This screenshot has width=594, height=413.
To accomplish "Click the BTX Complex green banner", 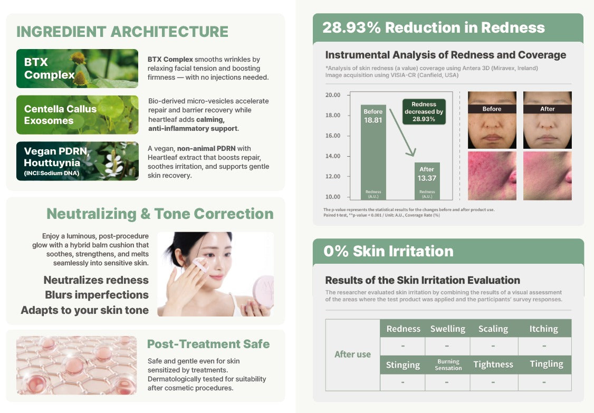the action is [x=77, y=69].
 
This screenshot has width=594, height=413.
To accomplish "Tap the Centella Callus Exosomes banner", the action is [x=77, y=115].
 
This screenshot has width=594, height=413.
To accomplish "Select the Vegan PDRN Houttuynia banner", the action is [x=77, y=161].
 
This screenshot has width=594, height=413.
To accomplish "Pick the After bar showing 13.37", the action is [x=427, y=181].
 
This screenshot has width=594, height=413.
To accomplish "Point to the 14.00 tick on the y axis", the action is [x=333, y=156].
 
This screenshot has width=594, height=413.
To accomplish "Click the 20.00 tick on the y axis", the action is [x=333, y=95].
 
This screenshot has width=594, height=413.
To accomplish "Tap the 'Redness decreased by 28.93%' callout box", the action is [x=424, y=112].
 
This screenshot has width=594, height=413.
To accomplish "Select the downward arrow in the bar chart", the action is [x=403, y=132].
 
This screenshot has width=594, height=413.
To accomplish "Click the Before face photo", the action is [x=492, y=120].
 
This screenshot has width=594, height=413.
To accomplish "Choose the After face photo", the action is [x=548, y=120].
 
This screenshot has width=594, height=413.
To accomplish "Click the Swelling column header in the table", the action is [x=448, y=329].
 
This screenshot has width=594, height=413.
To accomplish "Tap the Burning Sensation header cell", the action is [x=448, y=364].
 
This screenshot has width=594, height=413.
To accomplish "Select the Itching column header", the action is [x=544, y=329].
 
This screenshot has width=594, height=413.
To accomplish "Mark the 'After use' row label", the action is [x=353, y=354].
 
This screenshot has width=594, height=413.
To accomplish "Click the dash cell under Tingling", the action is [x=544, y=382].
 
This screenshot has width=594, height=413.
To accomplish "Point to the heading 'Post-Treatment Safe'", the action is [x=208, y=344].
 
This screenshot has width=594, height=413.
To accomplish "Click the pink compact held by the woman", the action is [x=264, y=292].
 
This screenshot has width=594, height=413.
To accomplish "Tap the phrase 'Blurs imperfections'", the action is [x=97, y=295].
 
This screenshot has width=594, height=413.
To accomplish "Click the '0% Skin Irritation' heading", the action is [x=388, y=251].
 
